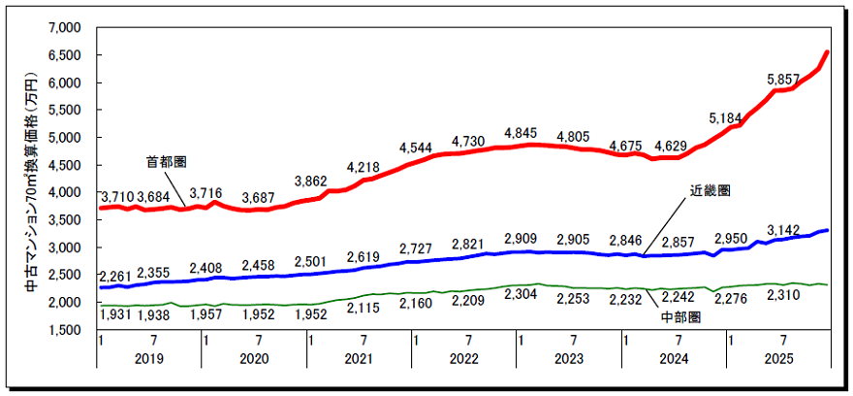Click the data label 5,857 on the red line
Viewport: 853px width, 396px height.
(783, 79)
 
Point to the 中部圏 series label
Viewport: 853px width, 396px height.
(682, 316)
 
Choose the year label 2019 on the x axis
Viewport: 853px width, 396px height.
(148, 359)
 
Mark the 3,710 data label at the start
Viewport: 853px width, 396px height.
(117, 197)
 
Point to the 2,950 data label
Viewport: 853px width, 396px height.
(732, 239)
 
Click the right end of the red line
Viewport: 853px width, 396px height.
(827, 52)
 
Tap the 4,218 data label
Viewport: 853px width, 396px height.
(364, 167)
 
